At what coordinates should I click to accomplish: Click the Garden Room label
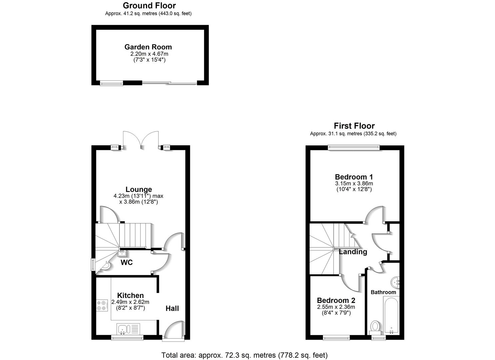tap(148, 47)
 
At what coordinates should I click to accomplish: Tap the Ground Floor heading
tap(149, 6)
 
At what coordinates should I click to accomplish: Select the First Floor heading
tap(354, 126)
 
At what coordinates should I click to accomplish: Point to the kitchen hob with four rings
tap(102, 305)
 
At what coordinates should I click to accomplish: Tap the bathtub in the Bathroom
tap(391, 315)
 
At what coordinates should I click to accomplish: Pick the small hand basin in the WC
tap(122, 253)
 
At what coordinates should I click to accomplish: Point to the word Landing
tap(353, 252)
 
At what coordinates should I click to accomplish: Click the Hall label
tap(172, 308)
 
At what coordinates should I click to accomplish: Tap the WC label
tap(127, 262)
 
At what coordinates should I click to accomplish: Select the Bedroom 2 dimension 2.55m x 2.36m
tap(336, 307)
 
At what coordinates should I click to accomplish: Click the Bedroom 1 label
tap(354, 177)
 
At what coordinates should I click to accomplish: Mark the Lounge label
tap(139, 189)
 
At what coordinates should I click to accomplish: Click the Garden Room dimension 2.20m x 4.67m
tap(149, 54)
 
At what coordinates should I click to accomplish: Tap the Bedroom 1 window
tap(354, 147)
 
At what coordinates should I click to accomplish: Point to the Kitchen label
tap(130, 295)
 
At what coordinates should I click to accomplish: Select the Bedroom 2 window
tap(336, 337)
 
